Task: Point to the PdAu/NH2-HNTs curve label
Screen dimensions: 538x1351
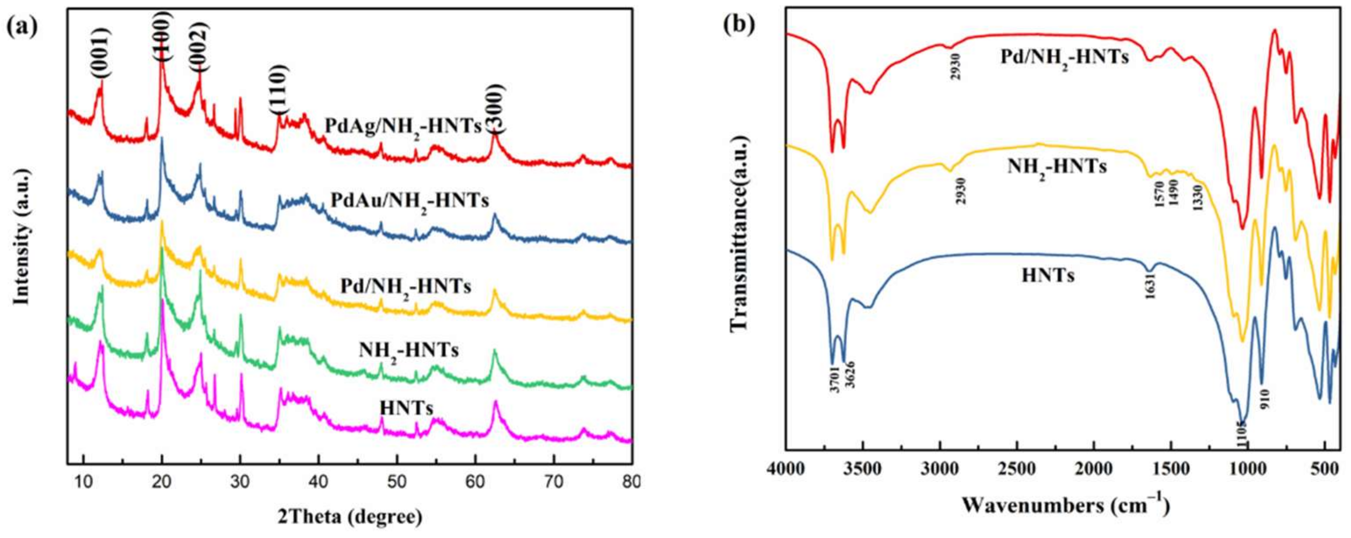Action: pyautogui.click(x=410, y=201)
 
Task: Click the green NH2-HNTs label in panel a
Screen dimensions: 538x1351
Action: pyautogui.click(x=408, y=350)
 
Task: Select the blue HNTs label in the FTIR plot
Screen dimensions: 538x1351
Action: pyautogui.click(x=1047, y=275)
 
